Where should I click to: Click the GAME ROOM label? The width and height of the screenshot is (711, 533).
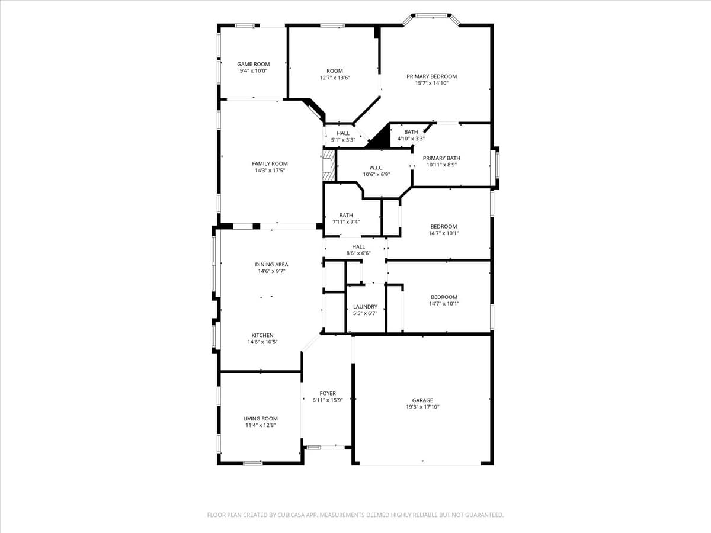253,64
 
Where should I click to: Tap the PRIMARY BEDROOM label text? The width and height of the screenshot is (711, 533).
431,76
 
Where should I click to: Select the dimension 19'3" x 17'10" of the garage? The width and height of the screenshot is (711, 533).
422,407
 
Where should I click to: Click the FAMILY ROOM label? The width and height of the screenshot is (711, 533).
270,163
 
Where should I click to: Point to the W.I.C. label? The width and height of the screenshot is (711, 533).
376,168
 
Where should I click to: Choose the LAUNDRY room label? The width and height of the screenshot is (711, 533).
365,306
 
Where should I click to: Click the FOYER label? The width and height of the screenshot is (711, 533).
328,393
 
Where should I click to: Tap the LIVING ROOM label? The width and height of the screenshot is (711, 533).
260,418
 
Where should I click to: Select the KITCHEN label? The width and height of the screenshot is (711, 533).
262,335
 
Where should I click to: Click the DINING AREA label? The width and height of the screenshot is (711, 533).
271,264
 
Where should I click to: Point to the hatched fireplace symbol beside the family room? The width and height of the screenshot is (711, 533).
328,165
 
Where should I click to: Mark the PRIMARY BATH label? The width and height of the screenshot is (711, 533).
441,158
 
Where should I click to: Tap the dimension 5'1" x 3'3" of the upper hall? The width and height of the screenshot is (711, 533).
343,140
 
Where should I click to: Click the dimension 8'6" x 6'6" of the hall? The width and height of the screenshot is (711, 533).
358,253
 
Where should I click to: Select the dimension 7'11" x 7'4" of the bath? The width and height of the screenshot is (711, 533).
346,221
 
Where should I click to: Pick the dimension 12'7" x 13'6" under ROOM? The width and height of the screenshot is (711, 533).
335,78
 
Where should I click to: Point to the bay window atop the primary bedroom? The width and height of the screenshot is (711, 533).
432,16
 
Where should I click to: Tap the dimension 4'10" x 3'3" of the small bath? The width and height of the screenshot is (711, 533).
411,139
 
